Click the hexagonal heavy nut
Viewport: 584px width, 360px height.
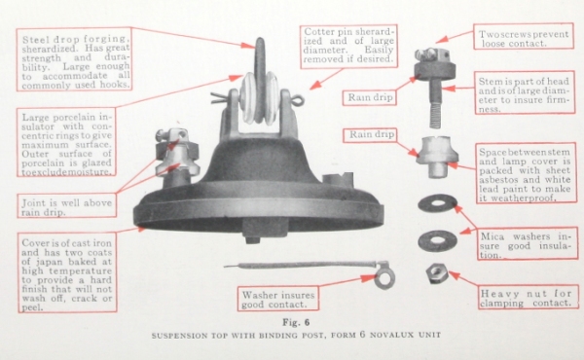tap(437, 273)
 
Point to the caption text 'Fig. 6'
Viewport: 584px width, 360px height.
tap(296, 322)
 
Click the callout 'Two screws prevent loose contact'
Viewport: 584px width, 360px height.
tap(524, 36)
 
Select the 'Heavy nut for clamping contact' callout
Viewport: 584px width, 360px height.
tap(529, 297)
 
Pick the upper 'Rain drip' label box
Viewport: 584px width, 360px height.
tap(370, 97)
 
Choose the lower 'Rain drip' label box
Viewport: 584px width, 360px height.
tap(370, 135)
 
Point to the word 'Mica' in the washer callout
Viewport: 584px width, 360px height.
tap(492, 236)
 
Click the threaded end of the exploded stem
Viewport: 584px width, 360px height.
tap(436, 116)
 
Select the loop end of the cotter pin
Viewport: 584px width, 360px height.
tap(298, 100)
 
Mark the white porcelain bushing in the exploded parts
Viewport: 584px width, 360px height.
tap(437, 157)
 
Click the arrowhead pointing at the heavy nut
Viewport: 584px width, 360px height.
tap(454, 275)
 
